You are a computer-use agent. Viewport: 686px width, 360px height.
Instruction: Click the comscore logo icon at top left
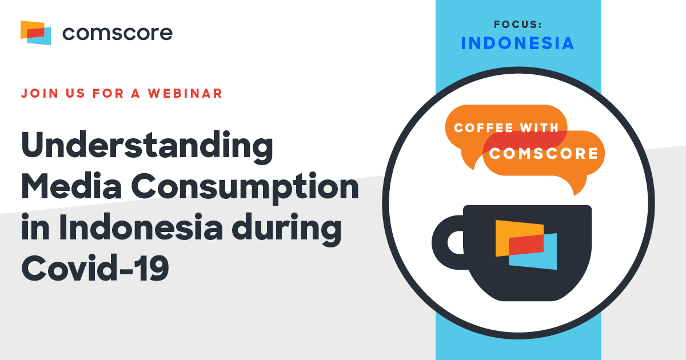point(35,33)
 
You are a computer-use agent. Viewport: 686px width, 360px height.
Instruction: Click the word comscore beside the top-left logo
point(118,33)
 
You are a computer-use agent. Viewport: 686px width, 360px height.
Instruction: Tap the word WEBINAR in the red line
point(185,93)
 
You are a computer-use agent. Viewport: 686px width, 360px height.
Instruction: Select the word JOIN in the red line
point(39,93)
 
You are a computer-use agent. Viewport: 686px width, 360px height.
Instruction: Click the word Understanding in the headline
point(147,147)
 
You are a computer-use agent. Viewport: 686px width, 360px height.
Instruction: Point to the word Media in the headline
point(71,186)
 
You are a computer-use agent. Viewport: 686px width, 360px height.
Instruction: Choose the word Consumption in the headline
point(245,187)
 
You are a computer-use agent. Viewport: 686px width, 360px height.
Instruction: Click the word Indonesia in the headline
point(141,227)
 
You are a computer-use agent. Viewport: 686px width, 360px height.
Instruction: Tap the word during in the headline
point(286,230)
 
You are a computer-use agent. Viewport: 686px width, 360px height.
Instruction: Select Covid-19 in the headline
point(95,268)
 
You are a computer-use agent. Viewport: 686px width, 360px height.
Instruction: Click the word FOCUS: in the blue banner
point(518,25)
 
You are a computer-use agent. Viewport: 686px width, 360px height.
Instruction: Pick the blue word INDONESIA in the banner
point(517,43)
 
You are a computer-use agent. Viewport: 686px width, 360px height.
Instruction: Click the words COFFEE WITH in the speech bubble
point(506,127)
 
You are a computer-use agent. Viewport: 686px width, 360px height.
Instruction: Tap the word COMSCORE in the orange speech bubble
point(543,153)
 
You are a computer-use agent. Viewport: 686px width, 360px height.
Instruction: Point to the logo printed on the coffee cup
point(526,245)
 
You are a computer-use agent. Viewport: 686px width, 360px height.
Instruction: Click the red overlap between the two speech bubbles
point(524,141)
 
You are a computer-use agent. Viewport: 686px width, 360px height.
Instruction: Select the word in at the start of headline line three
point(35,227)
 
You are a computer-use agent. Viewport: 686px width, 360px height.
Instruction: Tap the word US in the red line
point(75,93)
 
